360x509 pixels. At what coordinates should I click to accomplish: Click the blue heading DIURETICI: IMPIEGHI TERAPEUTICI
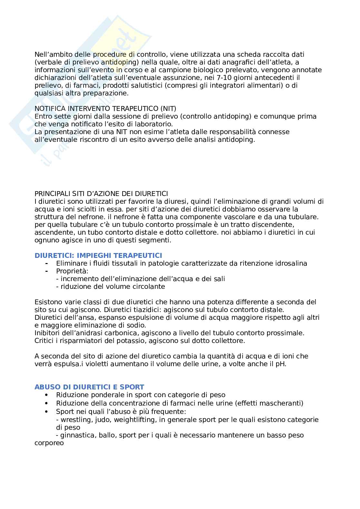[x=98, y=256]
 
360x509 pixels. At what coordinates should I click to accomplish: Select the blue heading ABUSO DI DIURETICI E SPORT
[x=89, y=387]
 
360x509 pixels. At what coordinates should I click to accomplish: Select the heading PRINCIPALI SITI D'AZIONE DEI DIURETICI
[x=101, y=194]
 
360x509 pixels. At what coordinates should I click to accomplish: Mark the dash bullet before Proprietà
[x=47, y=271]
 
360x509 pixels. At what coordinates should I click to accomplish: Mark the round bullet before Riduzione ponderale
[x=47, y=395]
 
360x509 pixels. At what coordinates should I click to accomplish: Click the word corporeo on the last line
[x=49, y=443]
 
